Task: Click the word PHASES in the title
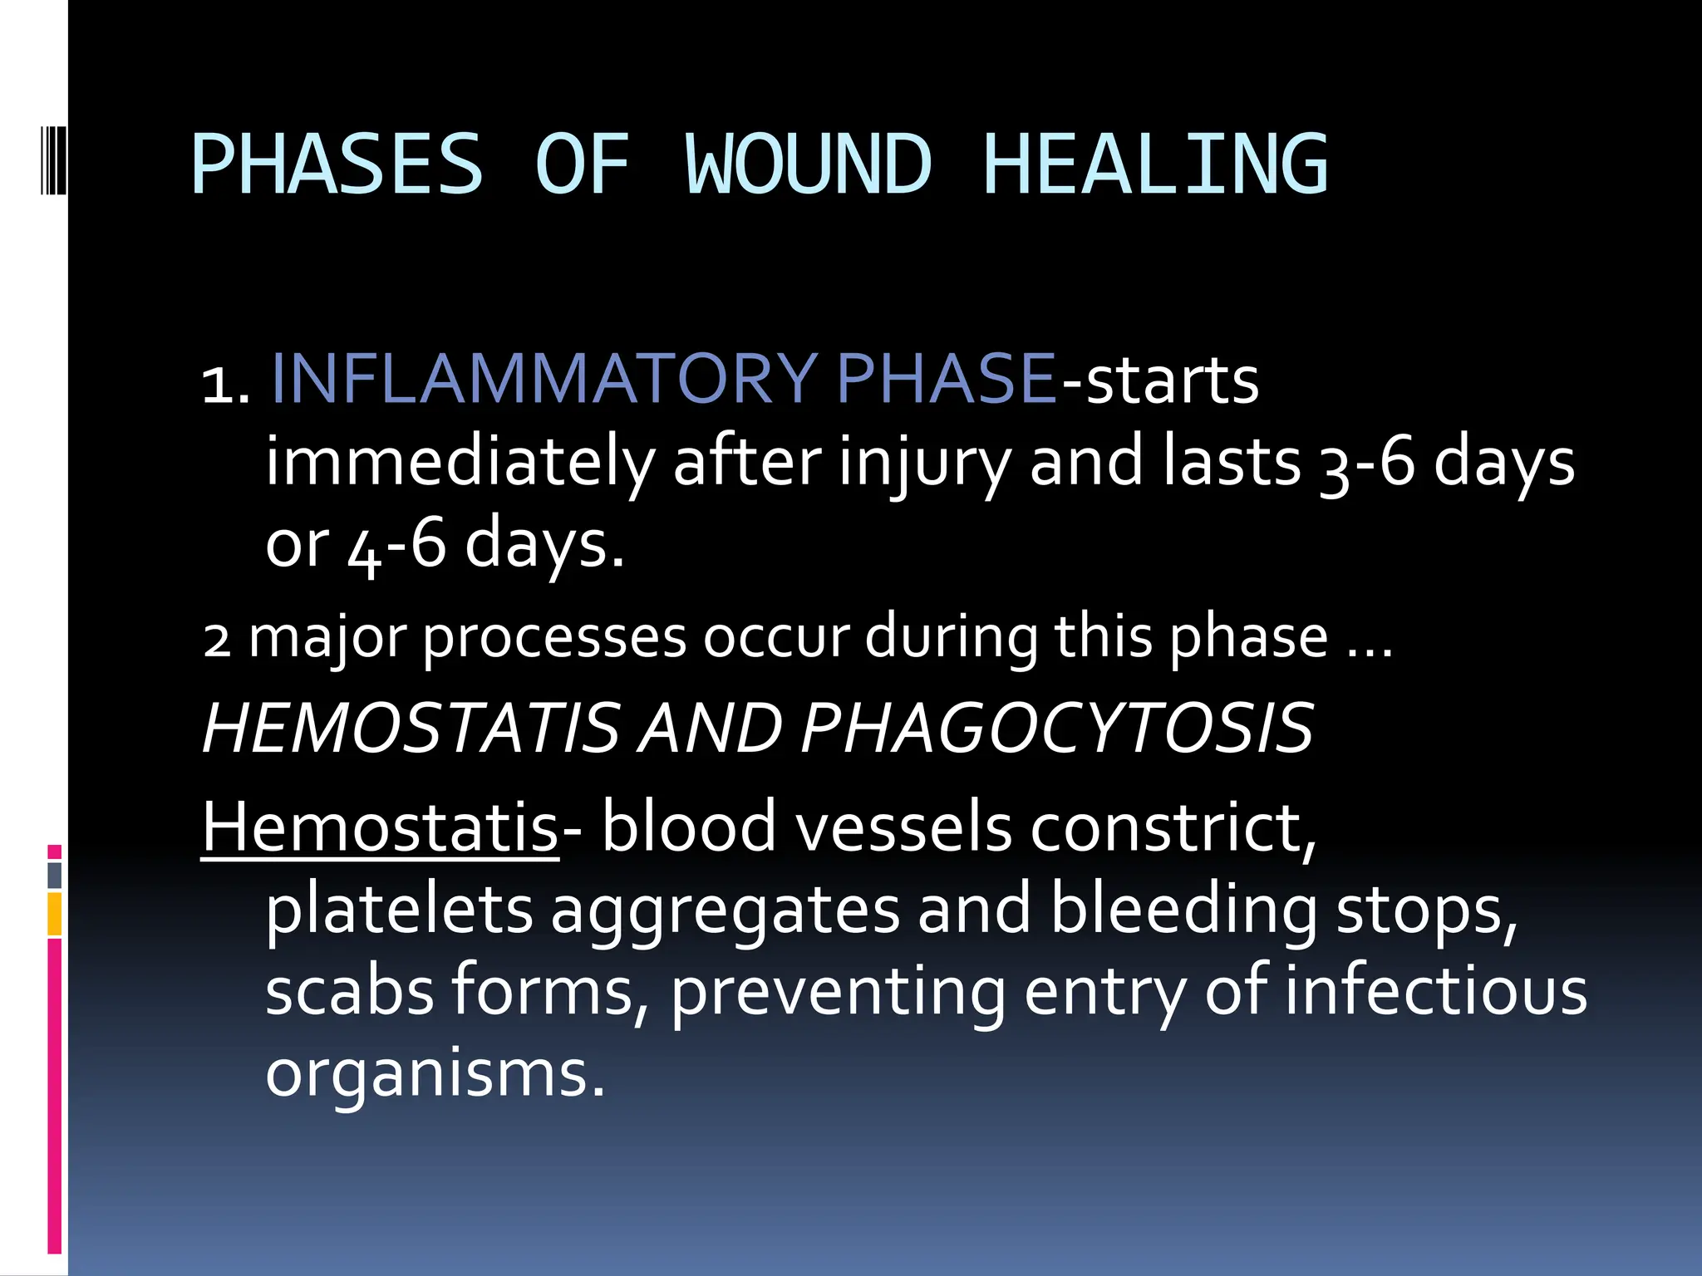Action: tap(337, 164)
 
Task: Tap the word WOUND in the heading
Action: tap(808, 164)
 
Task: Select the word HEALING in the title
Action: tap(1155, 164)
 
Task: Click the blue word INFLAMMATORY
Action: tap(544, 379)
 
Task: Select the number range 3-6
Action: tap(1366, 464)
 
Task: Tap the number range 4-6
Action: tap(396, 545)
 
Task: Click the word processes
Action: tap(554, 638)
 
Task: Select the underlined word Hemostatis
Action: tap(380, 827)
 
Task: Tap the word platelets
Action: tap(399, 909)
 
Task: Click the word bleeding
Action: tap(1183, 909)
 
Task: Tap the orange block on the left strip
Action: tap(55, 914)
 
